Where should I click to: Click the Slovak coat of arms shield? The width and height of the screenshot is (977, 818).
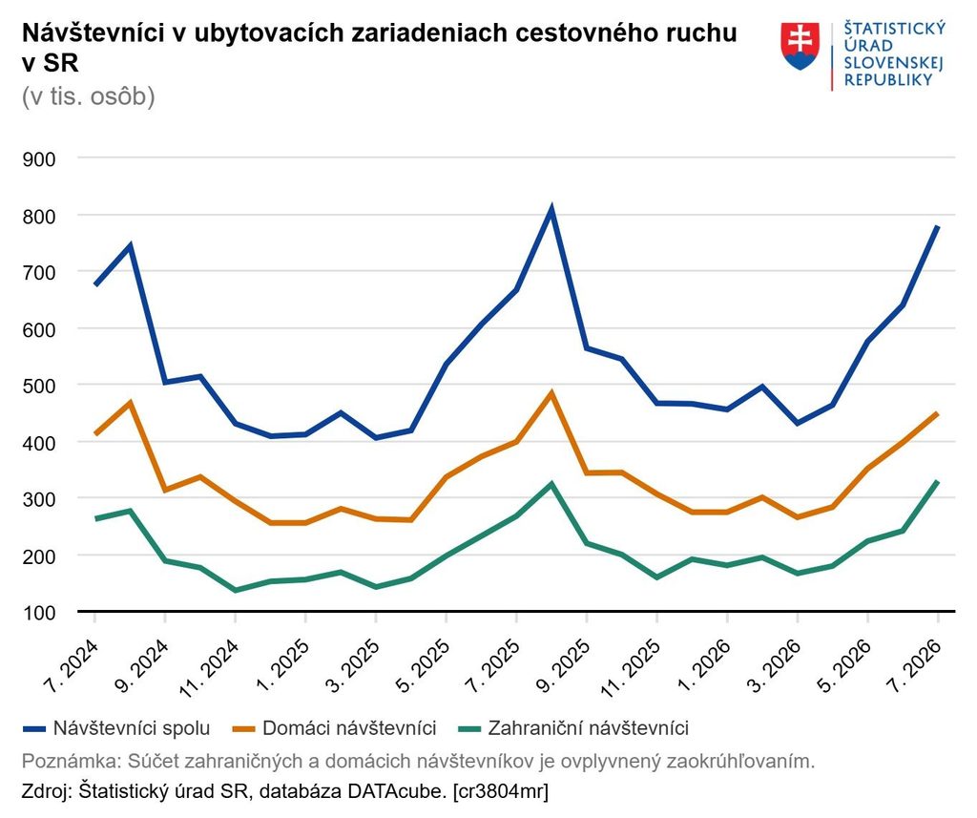[800, 46]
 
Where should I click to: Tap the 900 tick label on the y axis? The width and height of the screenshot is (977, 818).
[38, 159]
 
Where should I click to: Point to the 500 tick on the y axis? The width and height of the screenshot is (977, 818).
[38, 386]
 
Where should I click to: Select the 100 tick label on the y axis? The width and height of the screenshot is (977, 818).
[38, 612]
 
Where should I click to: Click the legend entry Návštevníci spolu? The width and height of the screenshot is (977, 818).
[116, 728]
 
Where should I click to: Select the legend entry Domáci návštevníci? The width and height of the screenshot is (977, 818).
[334, 728]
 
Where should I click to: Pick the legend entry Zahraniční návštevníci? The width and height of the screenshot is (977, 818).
[573, 728]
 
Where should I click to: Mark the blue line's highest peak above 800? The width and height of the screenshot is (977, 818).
[551, 209]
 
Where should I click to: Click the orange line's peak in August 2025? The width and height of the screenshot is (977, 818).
[551, 393]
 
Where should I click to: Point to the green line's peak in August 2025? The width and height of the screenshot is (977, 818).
[551, 484]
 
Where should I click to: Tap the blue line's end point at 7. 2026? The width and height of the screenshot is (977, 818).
[937, 226]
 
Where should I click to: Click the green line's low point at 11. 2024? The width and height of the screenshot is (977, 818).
[235, 590]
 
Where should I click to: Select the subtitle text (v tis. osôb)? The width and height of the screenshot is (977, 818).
[89, 96]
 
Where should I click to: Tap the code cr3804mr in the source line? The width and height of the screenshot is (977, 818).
[502, 792]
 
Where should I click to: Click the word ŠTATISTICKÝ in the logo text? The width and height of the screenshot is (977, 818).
[895, 29]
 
